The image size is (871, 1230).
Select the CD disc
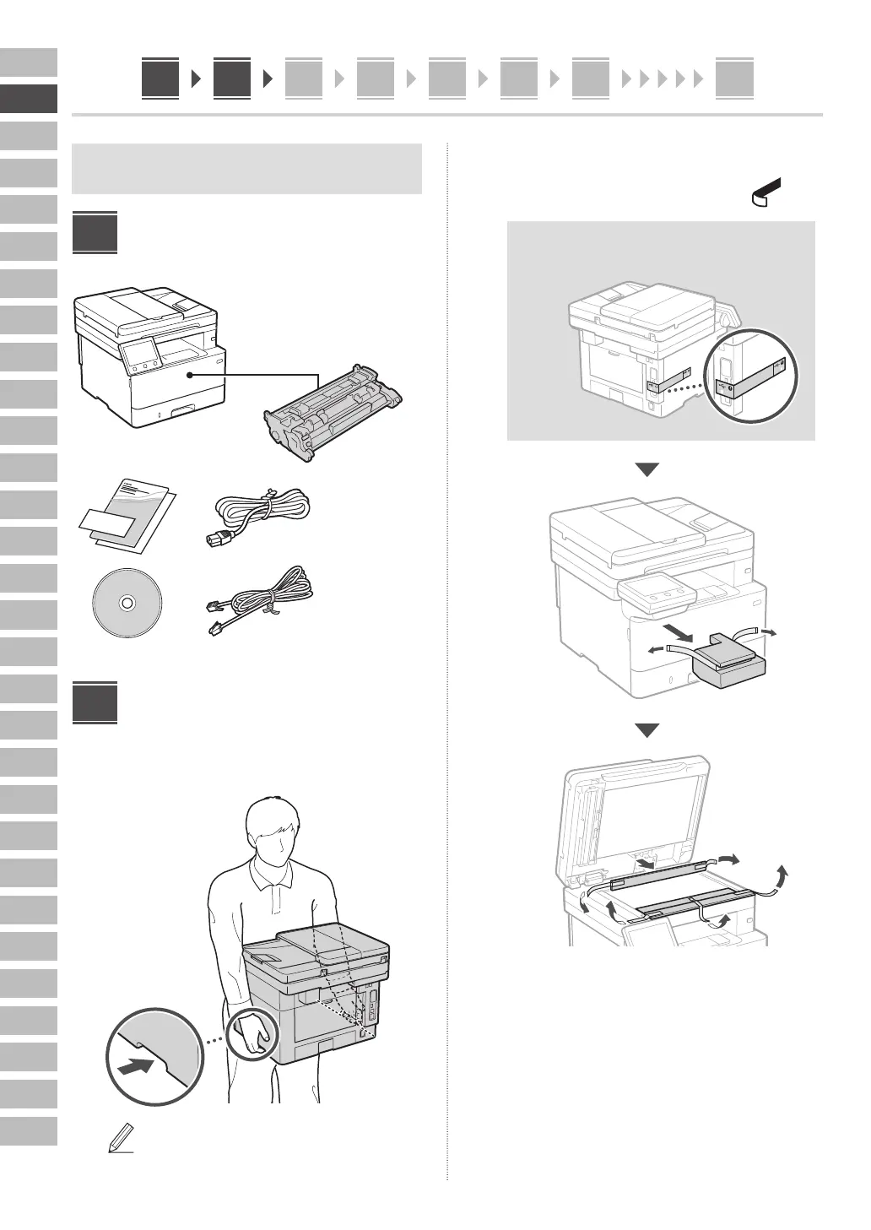(127, 604)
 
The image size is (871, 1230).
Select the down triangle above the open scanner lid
(646, 730)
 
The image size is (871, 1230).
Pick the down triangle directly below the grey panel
(646, 470)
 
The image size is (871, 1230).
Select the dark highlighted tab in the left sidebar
(29, 99)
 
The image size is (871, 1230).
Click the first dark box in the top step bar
(160, 79)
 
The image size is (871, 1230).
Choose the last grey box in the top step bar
(734, 79)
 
